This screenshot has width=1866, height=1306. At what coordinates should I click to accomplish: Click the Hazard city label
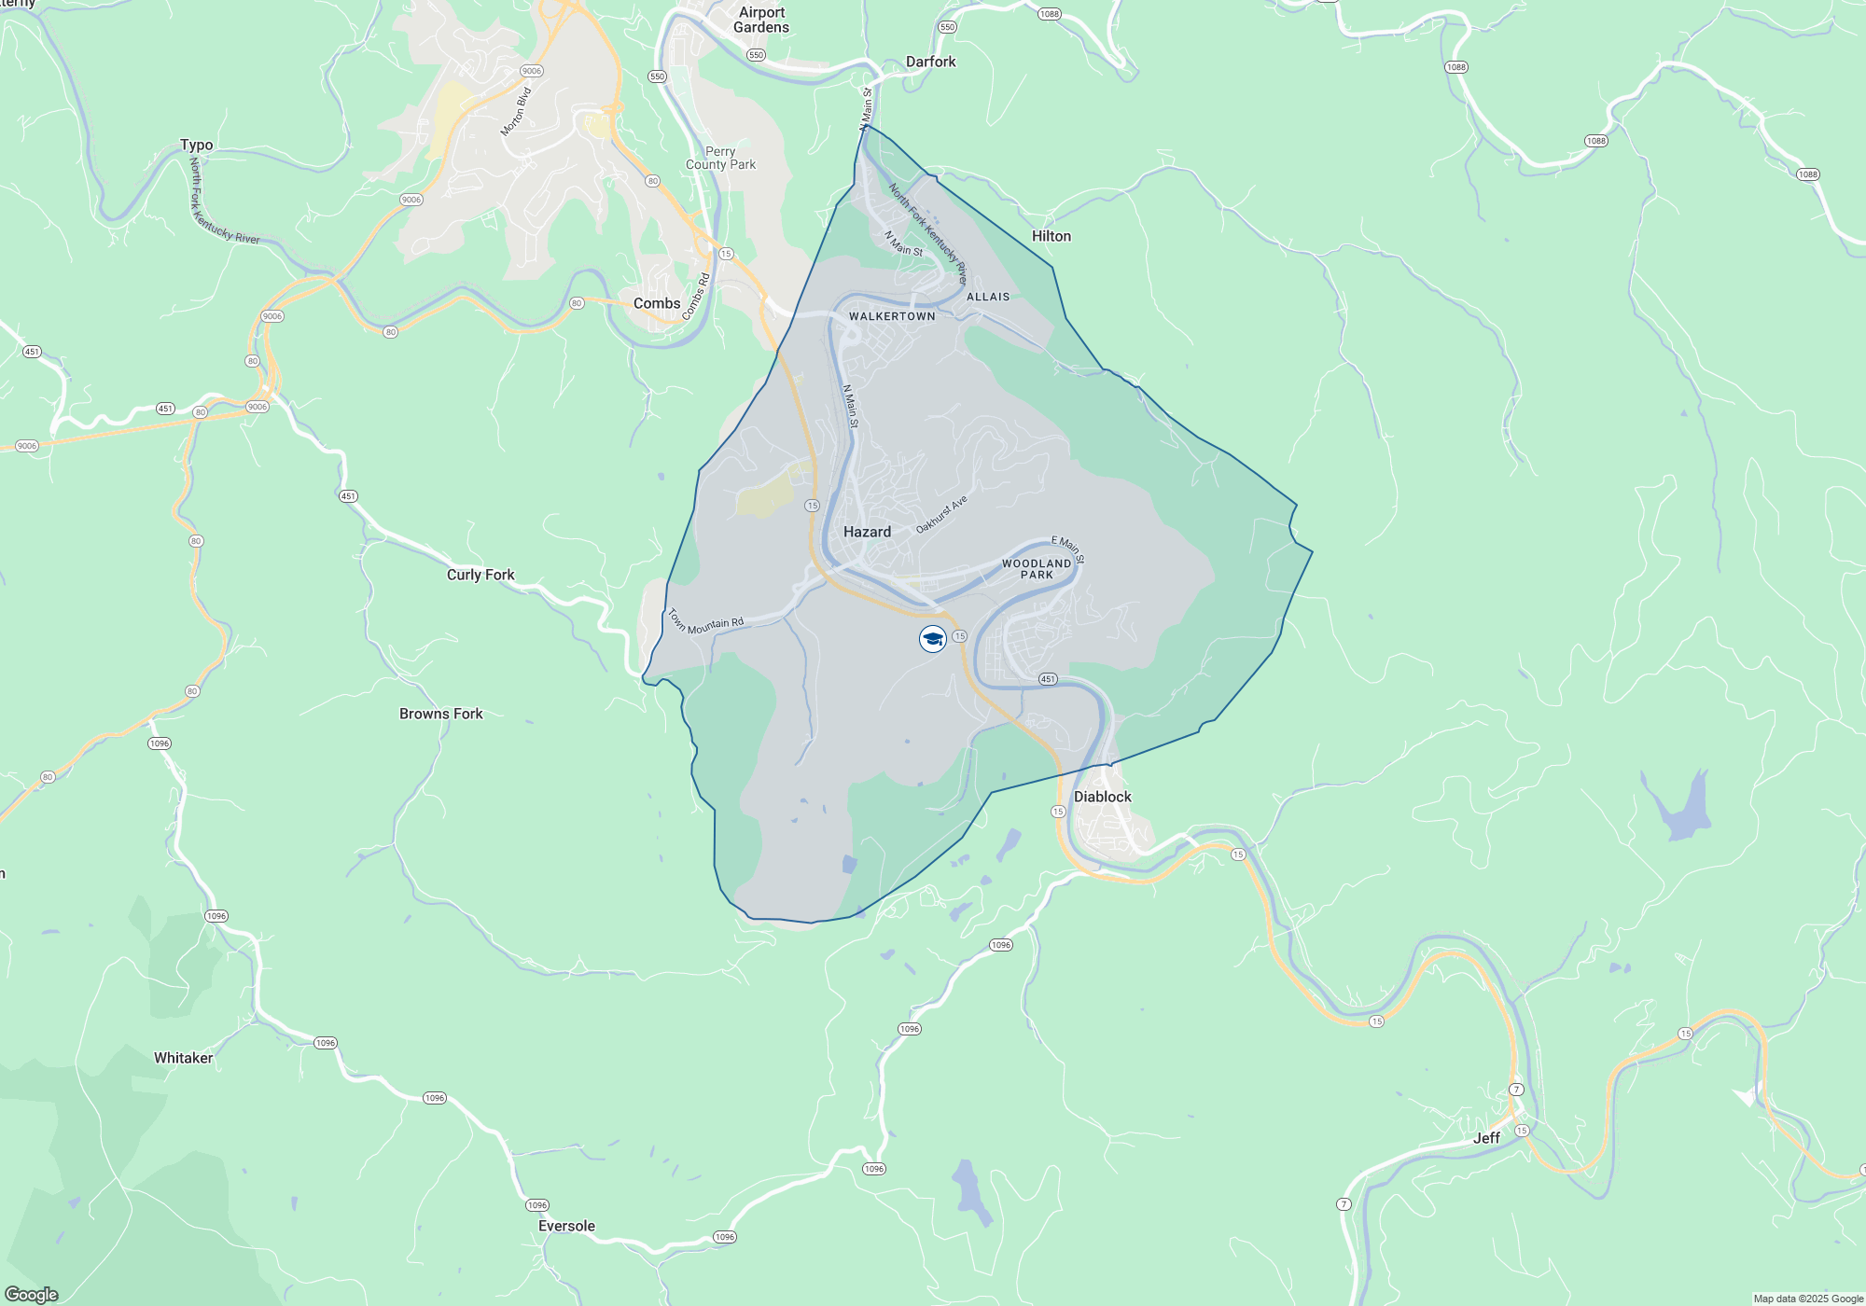coord(867,532)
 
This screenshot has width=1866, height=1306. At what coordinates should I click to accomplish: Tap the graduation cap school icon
coord(933,639)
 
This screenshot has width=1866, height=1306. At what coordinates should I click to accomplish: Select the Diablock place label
coord(1102,797)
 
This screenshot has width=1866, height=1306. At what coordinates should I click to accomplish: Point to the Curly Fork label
coord(480,575)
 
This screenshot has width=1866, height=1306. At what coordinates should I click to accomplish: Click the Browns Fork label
coord(440,714)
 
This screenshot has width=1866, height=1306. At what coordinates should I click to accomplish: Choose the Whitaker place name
coord(183,1058)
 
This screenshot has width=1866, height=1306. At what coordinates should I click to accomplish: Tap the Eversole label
coord(566,1226)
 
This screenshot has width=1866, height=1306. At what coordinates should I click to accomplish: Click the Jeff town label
coord(1486,1138)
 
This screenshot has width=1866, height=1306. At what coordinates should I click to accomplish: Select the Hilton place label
coord(1051,236)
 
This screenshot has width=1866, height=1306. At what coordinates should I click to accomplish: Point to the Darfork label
coord(930,62)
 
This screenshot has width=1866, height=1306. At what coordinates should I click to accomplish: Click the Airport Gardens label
coord(761,20)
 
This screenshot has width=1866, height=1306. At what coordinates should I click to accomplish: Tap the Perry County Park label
coord(720,158)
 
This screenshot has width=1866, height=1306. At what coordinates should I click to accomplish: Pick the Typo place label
coord(196,145)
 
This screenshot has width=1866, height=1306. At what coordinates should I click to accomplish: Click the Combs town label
coord(657,303)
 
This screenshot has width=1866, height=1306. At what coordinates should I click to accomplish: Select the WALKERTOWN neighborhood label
coord(892,316)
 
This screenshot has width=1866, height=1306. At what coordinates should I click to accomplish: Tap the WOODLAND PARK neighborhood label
coord(1037,569)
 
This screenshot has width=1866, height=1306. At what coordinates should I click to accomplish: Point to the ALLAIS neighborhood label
coord(988,297)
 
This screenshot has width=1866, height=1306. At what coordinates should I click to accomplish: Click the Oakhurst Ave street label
coord(941,515)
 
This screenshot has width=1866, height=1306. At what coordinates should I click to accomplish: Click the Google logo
coord(32,1295)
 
